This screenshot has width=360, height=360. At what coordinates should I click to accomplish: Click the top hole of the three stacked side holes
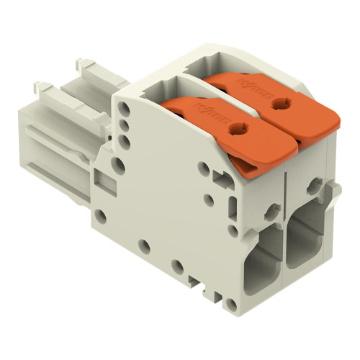click(127, 109)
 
